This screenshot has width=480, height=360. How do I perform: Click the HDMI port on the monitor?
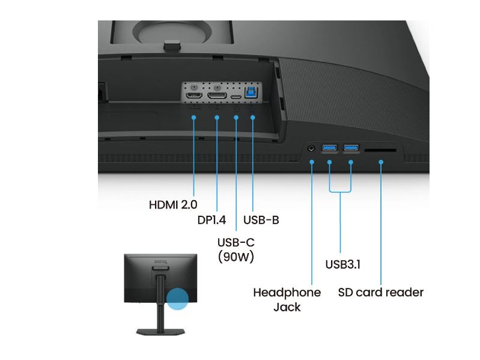[x=194, y=96]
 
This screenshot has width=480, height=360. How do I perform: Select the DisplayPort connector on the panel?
[x=217, y=96]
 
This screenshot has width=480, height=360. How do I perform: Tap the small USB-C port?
[x=236, y=96]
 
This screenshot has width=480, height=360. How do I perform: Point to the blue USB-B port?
[x=253, y=95]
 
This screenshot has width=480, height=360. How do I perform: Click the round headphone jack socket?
[x=312, y=147]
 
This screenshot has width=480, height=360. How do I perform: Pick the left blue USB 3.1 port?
[x=330, y=147]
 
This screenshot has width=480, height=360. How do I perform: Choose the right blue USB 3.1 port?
[x=351, y=147]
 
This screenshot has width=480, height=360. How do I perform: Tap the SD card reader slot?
[x=381, y=149]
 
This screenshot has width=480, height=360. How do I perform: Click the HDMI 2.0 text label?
[x=173, y=204]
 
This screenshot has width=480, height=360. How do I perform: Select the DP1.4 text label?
[x=211, y=220]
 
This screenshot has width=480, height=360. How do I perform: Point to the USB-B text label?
[x=261, y=220]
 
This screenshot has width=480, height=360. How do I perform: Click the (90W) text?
[x=236, y=257]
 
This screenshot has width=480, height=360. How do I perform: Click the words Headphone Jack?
[x=287, y=299]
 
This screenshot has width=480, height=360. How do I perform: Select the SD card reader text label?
[x=381, y=293]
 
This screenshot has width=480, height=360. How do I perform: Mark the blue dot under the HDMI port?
[x=194, y=117]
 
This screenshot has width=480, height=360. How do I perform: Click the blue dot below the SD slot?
[x=381, y=162]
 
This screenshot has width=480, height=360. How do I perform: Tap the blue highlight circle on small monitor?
[x=177, y=299]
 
